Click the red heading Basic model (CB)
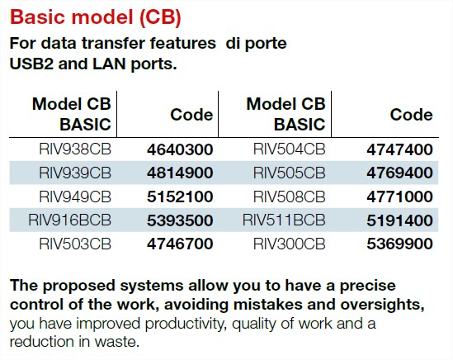[96, 17]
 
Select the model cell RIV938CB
[75, 149]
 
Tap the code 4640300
[180, 149]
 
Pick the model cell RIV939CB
[75, 173]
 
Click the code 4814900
[180, 173]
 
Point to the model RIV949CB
[75, 197]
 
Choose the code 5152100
[180, 197]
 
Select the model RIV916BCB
[69, 220]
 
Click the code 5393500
[180, 220]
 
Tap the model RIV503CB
[75, 244]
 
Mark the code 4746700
[180, 244]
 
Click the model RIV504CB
[289, 149]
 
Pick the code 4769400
[399, 173]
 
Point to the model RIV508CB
[289, 197]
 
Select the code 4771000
[399, 197]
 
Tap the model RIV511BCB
[284, 220]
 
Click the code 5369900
[399, 244]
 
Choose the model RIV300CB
[289, 244]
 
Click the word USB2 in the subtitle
[32, 64]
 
